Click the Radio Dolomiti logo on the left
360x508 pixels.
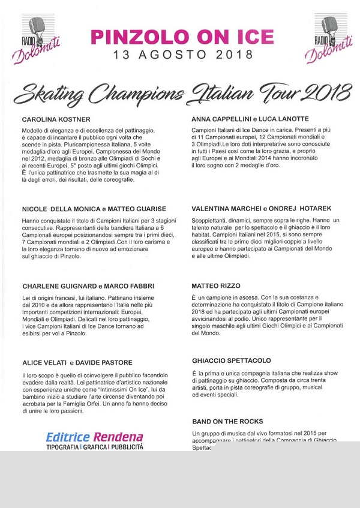46,38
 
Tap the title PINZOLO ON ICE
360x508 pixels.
180,37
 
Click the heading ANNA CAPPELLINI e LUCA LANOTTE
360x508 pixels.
251,119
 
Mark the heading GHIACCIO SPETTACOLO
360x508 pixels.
232,361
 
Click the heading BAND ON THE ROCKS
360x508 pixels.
228,422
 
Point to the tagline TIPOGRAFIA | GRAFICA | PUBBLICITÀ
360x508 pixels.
95,447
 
